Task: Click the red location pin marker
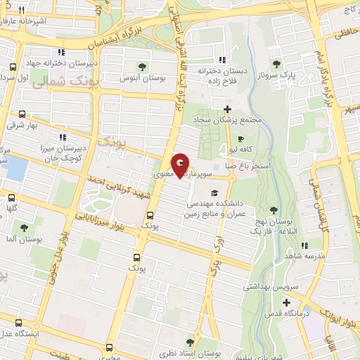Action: (181, 166)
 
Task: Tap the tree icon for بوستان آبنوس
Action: (143, 67)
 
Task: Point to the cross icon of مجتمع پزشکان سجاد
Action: (227, 108)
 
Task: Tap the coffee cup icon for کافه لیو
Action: (241, 139)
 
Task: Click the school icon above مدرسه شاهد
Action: (305, 245)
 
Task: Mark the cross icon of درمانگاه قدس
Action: (287, 303)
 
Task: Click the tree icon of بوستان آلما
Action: (24, 228)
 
